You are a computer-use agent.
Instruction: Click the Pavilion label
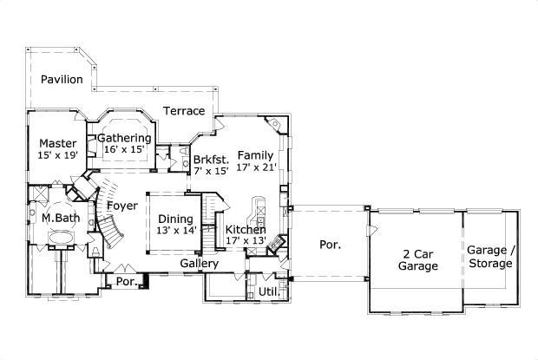click(x=61, y=80)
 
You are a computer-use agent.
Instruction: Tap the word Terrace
click(x=185, y=111)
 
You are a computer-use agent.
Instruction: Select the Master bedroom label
click(x=58, y=143)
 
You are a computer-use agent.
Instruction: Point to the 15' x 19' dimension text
click(x=58, y=155)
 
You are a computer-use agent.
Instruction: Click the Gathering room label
click(x=124, y=138)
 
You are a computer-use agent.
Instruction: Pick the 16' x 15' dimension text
click(x=124, y=149)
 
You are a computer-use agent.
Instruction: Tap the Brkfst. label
click(x=211, y=160)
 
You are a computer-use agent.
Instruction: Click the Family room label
click(x=255, y=154)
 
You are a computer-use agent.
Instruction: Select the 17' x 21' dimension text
click(x=255, y=167)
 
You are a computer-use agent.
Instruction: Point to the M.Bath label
click(x=61, y=218)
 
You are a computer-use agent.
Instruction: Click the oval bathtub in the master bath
click(x=61, y=238)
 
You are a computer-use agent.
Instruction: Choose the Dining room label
click(x=176, y=219)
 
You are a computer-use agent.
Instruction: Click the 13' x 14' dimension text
click(x=176, y=230)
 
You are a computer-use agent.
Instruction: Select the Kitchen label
click(x=246, y=229)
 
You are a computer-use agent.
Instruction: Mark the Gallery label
click(x=199, y=263)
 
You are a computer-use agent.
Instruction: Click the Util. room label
click(x=269, y=291)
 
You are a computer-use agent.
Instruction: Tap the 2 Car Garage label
click(x=418, y=259)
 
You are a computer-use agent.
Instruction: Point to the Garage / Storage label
click(x=490, y=257)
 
